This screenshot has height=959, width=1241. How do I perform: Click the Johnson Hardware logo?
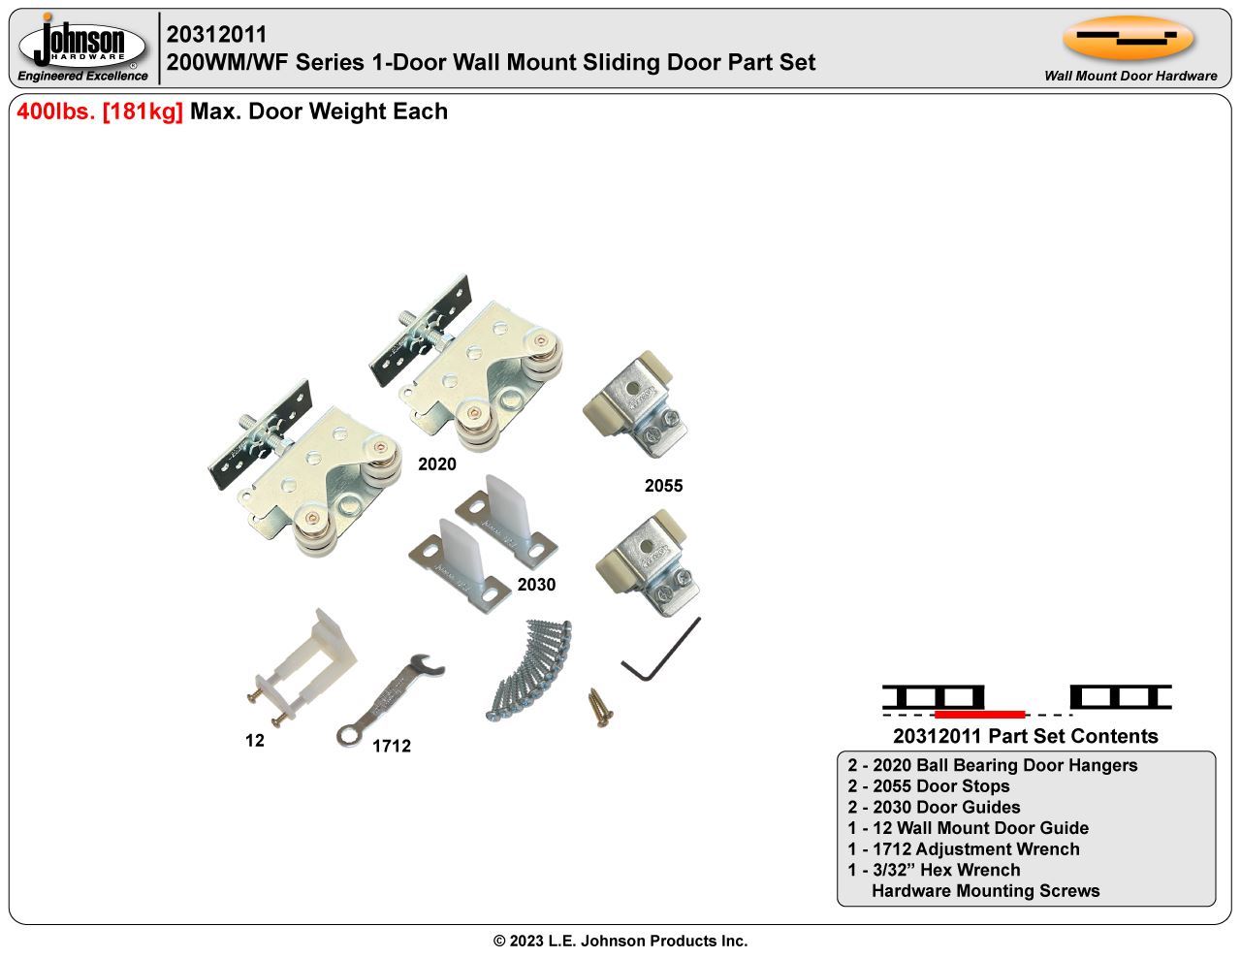click(x=82, y=48)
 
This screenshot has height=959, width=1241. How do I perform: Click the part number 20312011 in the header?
click(x=216, y=35)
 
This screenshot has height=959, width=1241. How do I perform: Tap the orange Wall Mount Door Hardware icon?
click(x=1128, y=39)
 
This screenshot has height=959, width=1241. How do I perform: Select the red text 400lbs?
click(x=56, y=112)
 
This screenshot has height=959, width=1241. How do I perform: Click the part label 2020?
click(x=436, y=464)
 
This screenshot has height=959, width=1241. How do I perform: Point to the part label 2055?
click(x=663, y=486)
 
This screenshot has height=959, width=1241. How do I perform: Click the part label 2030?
click(x=536, y=585)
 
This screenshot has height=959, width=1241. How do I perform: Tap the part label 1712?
click(x=392, y=746)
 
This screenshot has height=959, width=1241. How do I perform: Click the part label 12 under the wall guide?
click(x=254, y=741)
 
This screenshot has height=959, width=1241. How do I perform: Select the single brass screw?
click(x=599, y=706)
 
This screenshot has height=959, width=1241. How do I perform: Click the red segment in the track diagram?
click(x=978, y=714)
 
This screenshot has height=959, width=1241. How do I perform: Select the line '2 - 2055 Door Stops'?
click(x=928, y=786)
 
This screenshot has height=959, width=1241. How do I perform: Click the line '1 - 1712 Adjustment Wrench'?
click(x=963, y=849)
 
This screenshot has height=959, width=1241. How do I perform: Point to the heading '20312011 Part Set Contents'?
click(x=1025, y=736)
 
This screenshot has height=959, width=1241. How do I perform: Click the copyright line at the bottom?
click(x=620, y=941)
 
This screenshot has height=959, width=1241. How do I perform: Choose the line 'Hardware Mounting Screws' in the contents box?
click(x=985, y=891)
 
